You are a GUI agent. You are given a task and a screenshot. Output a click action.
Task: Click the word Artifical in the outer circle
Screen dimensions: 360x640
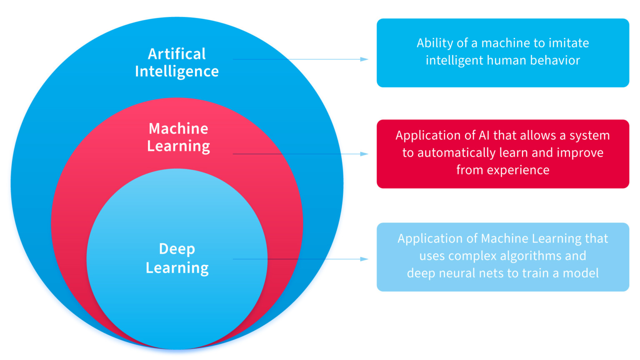coord(177,54)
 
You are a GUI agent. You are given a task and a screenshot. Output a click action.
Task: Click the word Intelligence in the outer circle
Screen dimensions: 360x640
coord(177,72)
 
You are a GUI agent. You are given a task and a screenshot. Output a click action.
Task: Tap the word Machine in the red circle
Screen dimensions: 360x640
coord(178,128)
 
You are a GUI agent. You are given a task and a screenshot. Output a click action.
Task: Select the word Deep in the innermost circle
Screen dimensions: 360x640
coord(177,249)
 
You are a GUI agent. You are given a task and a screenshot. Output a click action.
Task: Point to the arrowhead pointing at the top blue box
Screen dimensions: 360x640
coord(364,59)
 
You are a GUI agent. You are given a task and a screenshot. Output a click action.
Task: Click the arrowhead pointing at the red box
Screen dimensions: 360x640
coord(364,154)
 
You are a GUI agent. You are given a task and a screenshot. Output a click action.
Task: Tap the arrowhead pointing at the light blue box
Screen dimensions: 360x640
coord(364,259)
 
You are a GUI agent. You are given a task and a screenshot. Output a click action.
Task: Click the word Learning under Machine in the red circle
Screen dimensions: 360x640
coord(178,146)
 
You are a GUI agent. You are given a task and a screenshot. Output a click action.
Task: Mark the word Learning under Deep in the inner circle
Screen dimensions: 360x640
coord(177,268)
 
